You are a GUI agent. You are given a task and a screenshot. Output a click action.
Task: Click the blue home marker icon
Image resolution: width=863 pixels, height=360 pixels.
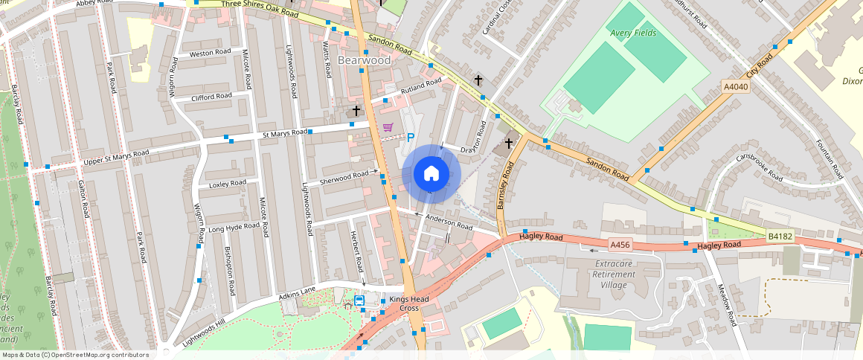431,174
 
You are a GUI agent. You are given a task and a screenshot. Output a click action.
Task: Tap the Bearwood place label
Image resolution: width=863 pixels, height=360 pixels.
364,60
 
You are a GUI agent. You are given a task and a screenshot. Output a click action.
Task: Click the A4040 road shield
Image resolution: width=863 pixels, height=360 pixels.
736,87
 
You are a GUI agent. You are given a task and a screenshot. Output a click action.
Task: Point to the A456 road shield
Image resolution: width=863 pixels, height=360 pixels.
620,244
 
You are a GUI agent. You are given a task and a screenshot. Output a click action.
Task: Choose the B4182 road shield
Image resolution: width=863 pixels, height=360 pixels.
780,237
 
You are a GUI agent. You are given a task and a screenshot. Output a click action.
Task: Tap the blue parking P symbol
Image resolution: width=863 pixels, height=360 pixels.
410,138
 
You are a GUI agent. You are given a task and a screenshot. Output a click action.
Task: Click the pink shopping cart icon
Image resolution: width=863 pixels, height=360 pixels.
388,128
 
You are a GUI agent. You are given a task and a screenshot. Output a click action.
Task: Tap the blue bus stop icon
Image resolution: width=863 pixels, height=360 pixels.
359,301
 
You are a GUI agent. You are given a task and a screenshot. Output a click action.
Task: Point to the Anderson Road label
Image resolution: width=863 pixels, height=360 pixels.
449,221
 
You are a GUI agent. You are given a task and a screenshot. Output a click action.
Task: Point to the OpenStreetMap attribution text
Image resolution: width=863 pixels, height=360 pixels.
75,355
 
